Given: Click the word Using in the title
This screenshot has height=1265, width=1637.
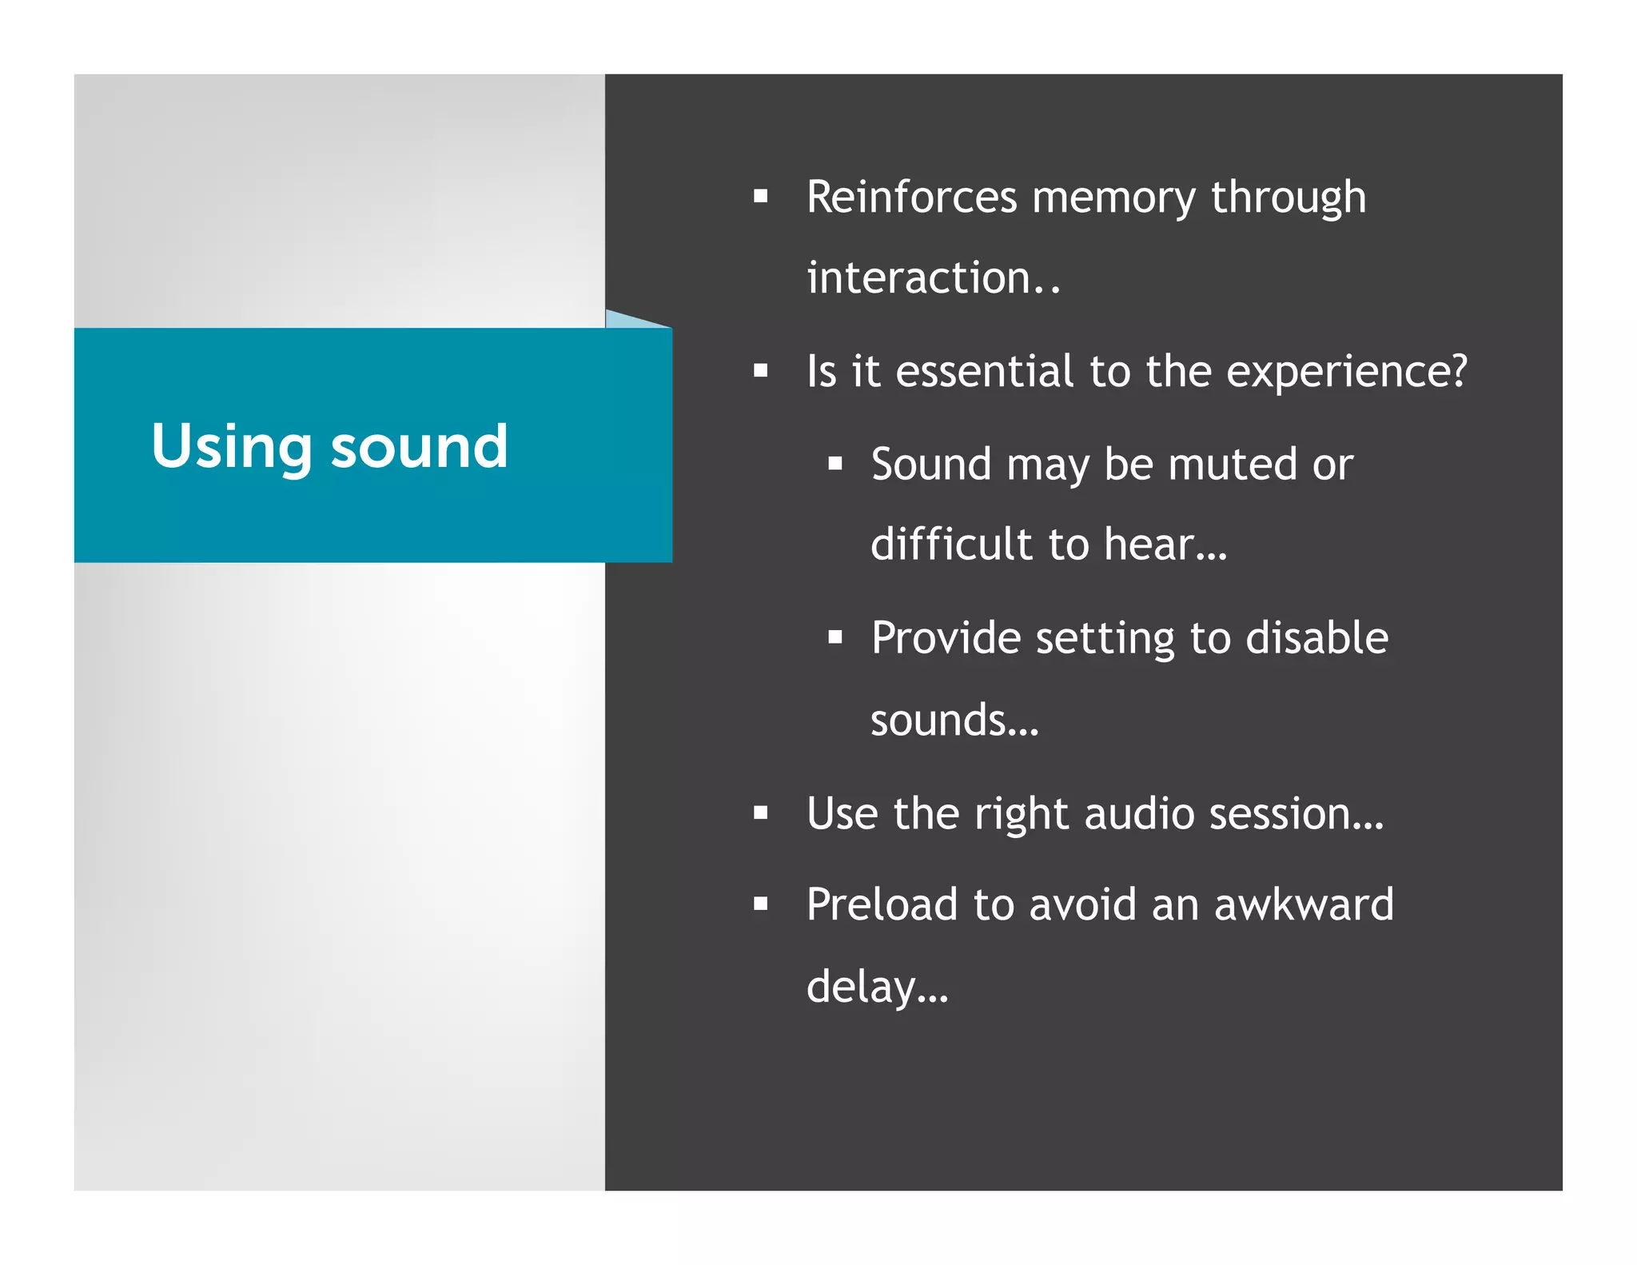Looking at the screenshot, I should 231,447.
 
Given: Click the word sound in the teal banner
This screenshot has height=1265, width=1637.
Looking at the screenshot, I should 420,447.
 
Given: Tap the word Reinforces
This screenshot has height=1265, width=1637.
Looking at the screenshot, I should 912,198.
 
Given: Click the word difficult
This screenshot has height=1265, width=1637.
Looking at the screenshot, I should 952,545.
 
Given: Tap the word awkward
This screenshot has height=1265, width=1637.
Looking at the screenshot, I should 1304,905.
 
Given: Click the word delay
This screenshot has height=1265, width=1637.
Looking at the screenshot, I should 862,988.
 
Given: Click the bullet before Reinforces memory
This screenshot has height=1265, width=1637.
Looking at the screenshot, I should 760,196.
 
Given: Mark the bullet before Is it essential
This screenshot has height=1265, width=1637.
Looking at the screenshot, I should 760,371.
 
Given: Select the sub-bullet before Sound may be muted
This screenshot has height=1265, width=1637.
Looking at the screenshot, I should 835,464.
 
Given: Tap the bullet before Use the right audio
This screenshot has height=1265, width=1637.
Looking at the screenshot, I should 760,813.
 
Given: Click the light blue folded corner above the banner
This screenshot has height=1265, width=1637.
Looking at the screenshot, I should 627,320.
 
